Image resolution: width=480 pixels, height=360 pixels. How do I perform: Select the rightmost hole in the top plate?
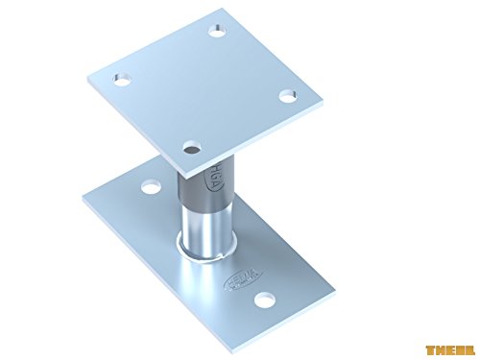(x=284, y=94)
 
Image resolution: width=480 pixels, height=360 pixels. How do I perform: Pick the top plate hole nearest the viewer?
(x=193, y=147)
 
